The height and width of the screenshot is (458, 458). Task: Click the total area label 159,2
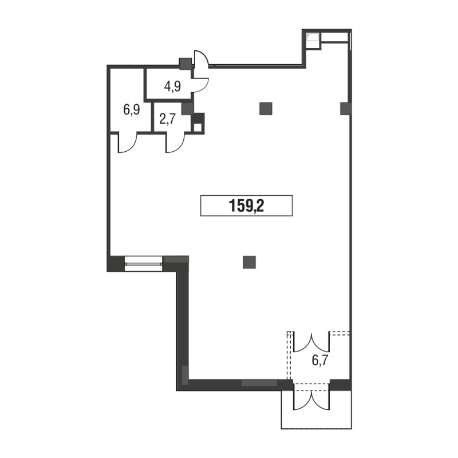[246, 206]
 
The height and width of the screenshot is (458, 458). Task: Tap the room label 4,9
[172, 86]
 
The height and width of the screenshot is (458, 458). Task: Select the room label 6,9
[132, 110]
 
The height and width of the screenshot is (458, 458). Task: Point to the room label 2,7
[168, 119]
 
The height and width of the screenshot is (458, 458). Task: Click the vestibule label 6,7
[320, 361]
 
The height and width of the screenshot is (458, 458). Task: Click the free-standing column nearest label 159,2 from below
[249, 262]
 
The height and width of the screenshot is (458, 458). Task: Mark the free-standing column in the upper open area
[266, 108]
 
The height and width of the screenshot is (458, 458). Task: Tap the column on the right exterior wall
[346, 108]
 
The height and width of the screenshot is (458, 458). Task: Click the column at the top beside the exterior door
[185, 64]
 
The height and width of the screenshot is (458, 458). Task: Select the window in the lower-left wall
[144, 264]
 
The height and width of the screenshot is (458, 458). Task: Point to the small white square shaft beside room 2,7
[198, 128]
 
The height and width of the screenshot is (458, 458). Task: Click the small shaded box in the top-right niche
[312, 37]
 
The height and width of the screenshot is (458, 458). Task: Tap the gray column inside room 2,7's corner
[188, 108]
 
